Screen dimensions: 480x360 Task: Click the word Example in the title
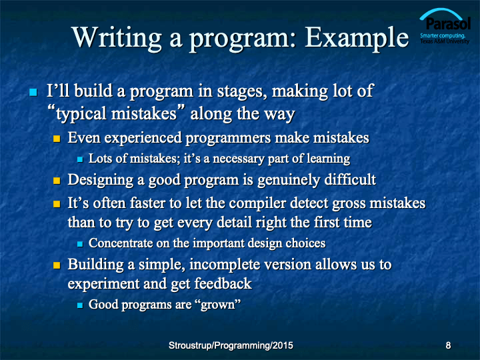(x=357, y=38)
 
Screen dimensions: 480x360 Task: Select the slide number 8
(x=448, y=345)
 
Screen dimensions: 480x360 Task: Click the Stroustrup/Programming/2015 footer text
(x=231, y=345)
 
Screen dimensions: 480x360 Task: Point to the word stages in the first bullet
(x=240, y=91)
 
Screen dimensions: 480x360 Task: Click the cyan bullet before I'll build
(x=33, y=92)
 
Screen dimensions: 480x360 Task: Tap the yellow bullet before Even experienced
(x=57, y=139)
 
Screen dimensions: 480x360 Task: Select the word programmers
(x=228, y=139)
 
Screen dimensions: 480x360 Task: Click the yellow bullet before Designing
(x=57, y=181)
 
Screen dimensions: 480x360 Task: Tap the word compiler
(x=257, y=203)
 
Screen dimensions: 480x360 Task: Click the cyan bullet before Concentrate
(x=80, y=244)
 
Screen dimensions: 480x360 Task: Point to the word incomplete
(x=225, y=265)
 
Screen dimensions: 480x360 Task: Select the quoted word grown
(x=217, y=305)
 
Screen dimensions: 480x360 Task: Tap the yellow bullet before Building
(x=57, y=265)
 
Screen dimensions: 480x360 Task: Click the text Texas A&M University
(x=445, y=41)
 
